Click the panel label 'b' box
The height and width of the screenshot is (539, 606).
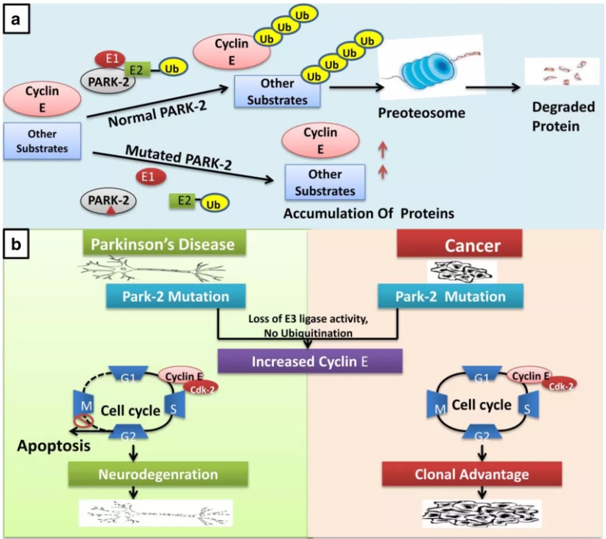[17, 245]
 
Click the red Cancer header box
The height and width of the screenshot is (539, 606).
[460, 245]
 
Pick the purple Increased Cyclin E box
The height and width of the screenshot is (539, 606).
[310, 361]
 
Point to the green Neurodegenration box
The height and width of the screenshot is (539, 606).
[158, 474]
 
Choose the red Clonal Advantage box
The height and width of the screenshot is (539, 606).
[471, 474]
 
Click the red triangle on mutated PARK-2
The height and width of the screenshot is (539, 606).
[111, 210]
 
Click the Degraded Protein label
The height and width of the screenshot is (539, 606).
[555, 116]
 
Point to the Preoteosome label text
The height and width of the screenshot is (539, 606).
[422, 113]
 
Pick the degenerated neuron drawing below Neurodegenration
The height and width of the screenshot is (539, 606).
[156, 512]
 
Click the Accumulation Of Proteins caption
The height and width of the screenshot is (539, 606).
[369, 214]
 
